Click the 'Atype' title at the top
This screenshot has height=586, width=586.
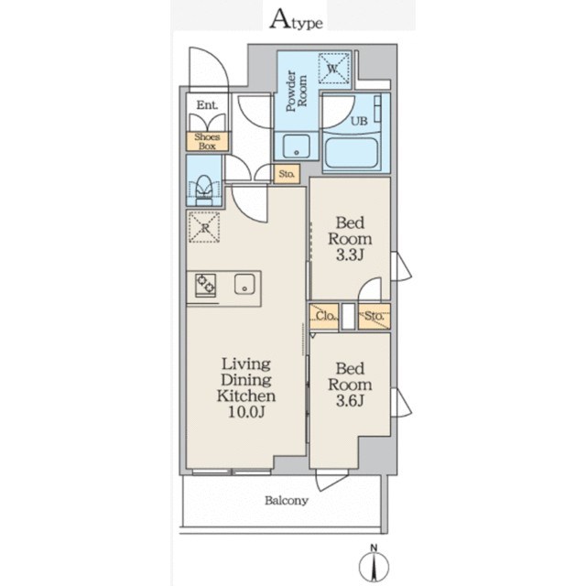[x=296, y=20]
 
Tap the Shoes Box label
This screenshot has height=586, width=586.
[x=207, y=142]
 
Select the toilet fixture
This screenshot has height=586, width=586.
[x=204, y=190]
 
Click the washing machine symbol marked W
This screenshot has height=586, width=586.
[x=333, y=68]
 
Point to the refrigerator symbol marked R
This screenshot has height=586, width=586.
[x=204, y=227]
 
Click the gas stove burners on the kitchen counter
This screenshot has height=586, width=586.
[x=205, y=285]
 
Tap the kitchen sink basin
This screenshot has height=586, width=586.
[x=244, y=285]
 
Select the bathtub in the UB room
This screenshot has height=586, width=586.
[x=351, y=153]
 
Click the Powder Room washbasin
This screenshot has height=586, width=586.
[x=297, y=146]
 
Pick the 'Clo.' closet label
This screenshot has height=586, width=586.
[x=325, y=316]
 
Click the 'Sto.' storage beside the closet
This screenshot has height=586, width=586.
[x=374, y=316]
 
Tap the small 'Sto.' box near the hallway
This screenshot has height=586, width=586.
[x=287, y=174]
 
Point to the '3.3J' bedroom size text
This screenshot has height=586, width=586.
[x=350, y=255]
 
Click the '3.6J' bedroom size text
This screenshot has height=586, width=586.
[x=350, y=401]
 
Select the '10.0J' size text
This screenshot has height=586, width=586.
[x=246, y=412]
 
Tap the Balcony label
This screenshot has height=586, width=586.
[x=287, y=501]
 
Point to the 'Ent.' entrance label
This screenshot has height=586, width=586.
[x=208, y=105]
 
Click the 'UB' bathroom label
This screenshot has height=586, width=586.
[x=359, y=121]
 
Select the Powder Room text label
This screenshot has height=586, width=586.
[x=297, y=91]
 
